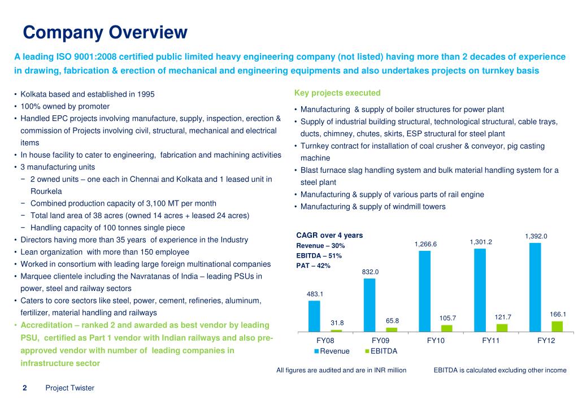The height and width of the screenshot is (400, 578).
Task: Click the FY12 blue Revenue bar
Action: (535, 287)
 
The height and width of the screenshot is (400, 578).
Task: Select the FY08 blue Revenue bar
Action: (314, 316)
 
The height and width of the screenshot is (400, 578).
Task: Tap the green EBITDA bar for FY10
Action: (446, 328)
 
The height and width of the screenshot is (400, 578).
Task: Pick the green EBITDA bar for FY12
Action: (557, 327)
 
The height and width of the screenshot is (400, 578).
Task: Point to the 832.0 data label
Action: (370, 272)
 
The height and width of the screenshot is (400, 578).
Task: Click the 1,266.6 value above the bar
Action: (425, 244)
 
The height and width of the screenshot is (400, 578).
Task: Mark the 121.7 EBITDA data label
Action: (503, 317)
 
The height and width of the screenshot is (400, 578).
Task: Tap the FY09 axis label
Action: (380, 341)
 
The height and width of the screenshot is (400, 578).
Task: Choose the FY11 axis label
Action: (490, 341)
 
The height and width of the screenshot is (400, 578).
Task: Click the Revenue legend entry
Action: (332, 351)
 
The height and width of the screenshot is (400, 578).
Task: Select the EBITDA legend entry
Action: (381, 351)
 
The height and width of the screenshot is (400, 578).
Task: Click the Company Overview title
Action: (105, 32)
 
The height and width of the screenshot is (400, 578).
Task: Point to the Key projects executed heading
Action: (337, 93)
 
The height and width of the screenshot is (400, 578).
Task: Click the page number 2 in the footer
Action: (25, 388)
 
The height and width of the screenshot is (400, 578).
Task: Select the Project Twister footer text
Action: (69, 388)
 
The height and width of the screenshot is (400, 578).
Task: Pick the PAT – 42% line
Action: (313, 266)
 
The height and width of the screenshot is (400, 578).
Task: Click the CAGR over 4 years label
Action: (329, 235)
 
